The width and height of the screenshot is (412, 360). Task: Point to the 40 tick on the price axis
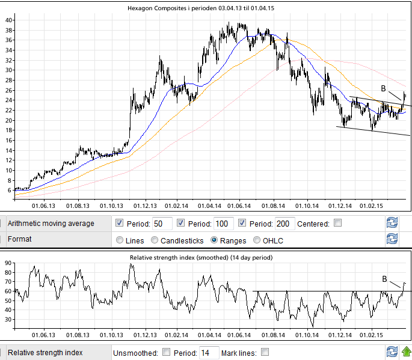point(9,20)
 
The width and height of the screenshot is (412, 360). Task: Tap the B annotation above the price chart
point(383,88)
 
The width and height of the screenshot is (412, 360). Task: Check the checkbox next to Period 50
point(120,224)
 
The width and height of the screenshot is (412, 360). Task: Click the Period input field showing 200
point(285,224)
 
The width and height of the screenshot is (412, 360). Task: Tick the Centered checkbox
point(338,224)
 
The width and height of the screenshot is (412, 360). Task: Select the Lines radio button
point(120,240)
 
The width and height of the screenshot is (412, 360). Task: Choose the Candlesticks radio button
point(155,240)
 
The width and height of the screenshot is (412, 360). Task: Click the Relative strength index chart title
point(201,257)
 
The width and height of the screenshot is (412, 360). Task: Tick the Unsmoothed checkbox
point(167,352)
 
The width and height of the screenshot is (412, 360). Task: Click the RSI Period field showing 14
point(209,352)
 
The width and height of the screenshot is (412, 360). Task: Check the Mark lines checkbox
point(265,352)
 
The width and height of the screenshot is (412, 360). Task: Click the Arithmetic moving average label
point(51,224)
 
